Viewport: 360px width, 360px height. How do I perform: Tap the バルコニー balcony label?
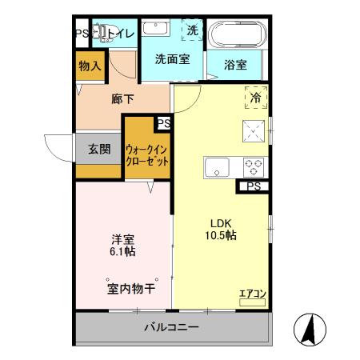click(x=171, y=328)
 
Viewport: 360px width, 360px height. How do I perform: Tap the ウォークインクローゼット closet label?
click(x=147, y=154)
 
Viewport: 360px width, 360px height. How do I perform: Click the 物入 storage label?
click(x=90, y=66)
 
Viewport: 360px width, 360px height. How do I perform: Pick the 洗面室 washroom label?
click(x=171, y=59)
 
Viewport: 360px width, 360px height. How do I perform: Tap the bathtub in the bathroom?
click(x=236, y=34)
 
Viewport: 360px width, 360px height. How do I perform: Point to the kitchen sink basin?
click(x=217, y=169)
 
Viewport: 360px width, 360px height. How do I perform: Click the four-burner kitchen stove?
click(x=254, y=168)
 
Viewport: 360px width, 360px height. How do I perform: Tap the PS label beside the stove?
click(x=253, y=188)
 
